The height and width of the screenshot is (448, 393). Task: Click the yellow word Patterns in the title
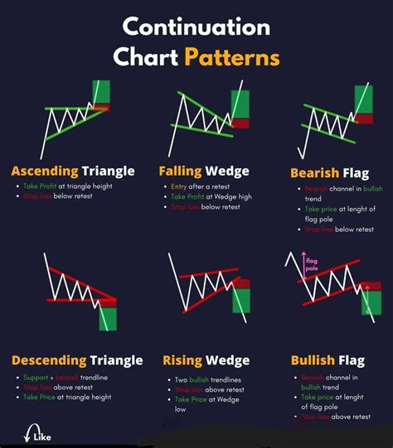231,58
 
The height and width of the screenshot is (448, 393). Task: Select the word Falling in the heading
181,171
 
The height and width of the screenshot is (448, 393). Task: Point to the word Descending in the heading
49,360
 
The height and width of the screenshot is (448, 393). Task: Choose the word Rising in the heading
182,360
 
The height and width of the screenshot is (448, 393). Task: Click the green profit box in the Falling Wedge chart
240,104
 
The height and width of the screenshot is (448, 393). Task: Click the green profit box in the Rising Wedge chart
241,300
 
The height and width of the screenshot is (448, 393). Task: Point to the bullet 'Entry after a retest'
202,188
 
